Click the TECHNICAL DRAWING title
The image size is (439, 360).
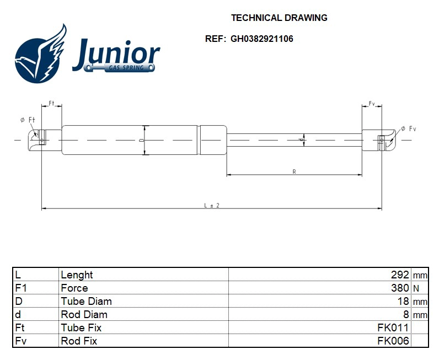279,18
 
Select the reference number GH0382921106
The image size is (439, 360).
261,39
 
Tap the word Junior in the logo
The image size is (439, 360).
116,53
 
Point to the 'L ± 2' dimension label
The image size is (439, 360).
212,205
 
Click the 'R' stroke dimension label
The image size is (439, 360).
295,172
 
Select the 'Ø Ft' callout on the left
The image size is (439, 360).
27,120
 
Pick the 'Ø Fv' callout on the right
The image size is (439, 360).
408,128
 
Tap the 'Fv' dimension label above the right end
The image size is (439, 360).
372,104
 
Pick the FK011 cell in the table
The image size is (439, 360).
393,327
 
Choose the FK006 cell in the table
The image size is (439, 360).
393,341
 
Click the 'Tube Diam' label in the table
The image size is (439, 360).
86,301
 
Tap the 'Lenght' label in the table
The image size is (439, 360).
77,275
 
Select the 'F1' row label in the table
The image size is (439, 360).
20,288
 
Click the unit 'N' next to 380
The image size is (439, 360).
416,288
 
